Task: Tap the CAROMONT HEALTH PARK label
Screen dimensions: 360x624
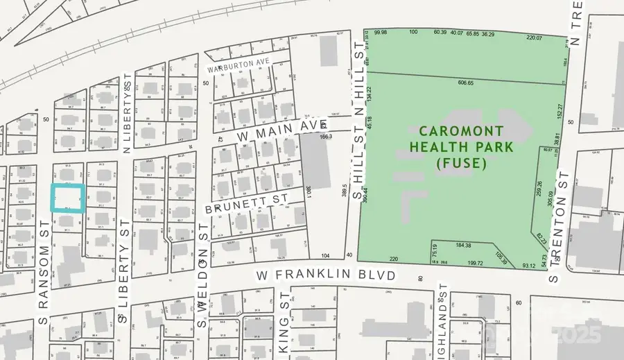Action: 461,138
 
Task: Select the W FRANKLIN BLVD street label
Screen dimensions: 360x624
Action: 326,275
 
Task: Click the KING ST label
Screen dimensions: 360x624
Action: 283,333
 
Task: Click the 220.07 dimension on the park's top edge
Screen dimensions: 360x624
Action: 535,37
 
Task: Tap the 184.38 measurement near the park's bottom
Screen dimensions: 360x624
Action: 464,246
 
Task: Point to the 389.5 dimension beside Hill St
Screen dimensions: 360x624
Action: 345,191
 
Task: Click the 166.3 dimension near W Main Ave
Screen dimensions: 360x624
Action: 327,137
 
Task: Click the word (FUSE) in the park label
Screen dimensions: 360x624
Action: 461,164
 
